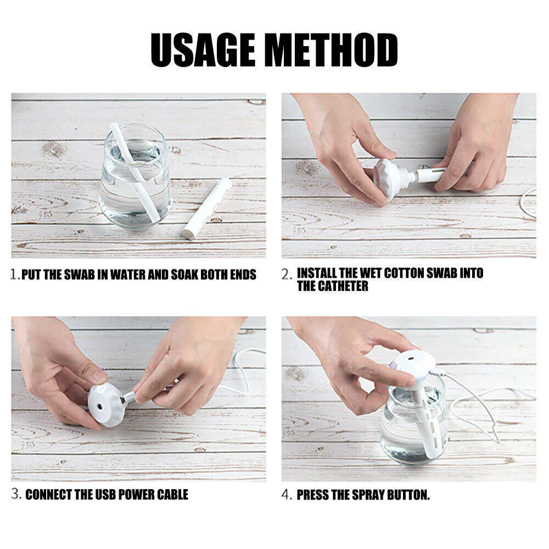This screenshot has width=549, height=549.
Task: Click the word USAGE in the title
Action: (203, 50)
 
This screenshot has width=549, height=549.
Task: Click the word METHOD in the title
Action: (331, 50)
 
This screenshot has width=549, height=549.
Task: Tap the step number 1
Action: (15, 274)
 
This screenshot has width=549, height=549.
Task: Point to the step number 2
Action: (287, 274)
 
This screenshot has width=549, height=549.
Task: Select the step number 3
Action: (16, 494)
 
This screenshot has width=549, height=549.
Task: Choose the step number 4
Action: (287, 495)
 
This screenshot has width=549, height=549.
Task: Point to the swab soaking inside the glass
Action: (135, 172)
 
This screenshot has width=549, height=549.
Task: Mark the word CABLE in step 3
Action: (172, 495)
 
